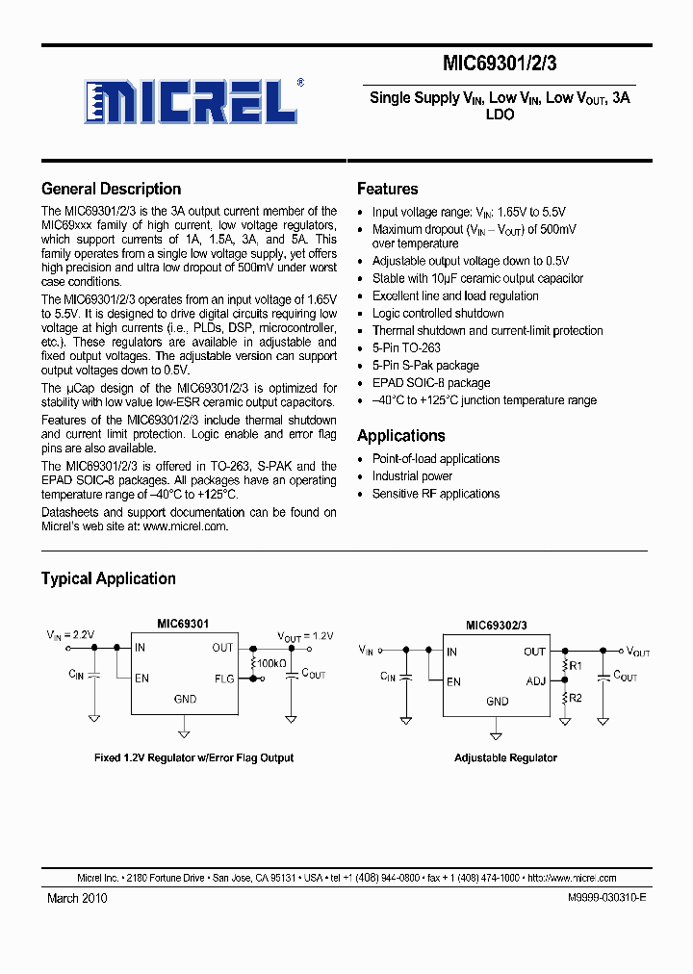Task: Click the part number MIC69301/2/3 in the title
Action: [x=500, y=64]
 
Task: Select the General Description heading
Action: [x=111, y=190]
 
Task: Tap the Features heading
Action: [x=387, y=190]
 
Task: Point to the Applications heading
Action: [x=400, y=436]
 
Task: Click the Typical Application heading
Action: [x=108, y=578]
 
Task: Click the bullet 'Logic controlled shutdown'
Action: [x=438, y=313]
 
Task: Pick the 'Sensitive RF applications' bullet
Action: [x=436, y=494]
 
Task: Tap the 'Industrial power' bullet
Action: [x=412, y=476]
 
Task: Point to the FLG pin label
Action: [x=223, y=679]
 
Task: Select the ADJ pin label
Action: [x=535, y=681]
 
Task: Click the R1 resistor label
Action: [x=576, y=665]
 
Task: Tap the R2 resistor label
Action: [x=576, y=698]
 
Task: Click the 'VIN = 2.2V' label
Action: [x=70, y=635]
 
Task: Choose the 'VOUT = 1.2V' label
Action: [x=305, y=637]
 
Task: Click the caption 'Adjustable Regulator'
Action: [x=505, y=757]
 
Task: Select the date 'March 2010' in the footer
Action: [x=77, y=898]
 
